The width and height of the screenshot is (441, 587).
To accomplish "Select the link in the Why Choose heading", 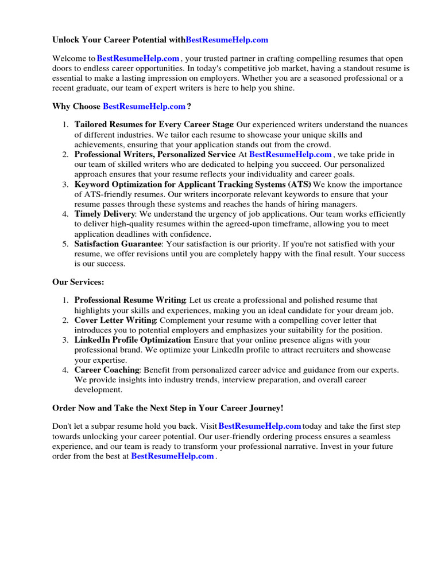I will pos(144,106).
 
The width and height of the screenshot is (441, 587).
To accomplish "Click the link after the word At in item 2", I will pos(291,154).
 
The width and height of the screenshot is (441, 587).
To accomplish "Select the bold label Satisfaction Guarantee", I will pos(118,244).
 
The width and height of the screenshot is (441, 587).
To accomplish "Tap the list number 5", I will pos(65,244).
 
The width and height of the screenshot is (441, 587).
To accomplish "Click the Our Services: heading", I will pos(78,282).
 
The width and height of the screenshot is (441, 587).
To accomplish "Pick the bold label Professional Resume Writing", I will pos(130,300).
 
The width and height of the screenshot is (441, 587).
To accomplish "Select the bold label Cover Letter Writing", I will pos(115,320).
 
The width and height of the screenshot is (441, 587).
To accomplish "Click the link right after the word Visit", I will pos(260,426).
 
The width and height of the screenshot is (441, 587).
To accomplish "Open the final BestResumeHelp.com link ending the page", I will pos(172,456).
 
